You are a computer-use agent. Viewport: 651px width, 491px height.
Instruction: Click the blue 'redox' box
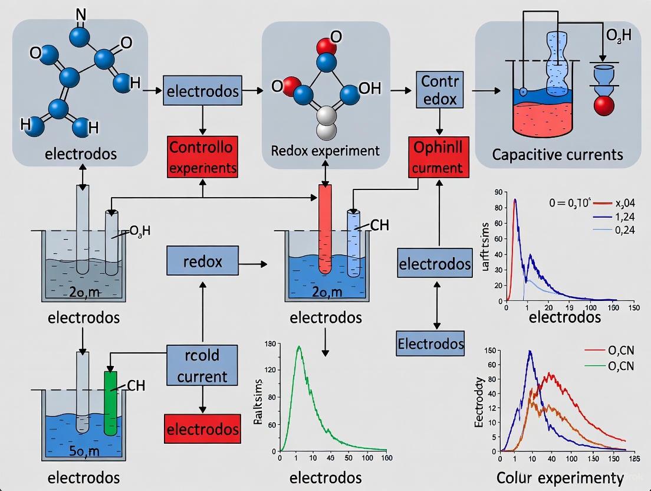(202, 261)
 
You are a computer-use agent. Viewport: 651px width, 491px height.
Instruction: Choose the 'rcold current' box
(202, 366)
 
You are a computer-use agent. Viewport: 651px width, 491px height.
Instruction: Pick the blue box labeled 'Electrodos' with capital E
(430, 343)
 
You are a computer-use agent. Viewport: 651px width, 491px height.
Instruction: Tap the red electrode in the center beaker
(325, 229)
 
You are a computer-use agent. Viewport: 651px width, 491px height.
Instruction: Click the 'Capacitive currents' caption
(557, 155)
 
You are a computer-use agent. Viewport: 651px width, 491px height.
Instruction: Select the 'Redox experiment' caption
(325, 150)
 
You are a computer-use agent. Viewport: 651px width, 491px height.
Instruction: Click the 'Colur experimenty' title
(560, 477)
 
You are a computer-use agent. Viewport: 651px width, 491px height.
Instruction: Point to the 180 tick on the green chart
(272, 343)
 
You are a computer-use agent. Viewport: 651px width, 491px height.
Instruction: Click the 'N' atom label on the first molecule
(81, 15)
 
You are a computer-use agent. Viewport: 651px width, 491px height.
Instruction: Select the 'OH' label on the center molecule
(369, 89)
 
